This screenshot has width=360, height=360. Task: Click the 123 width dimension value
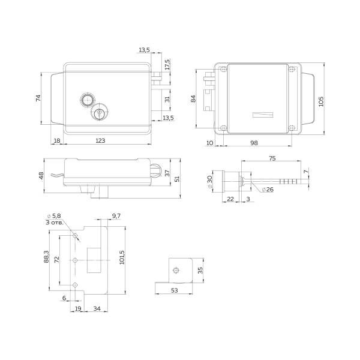100,140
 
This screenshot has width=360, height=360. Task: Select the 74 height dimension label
38,98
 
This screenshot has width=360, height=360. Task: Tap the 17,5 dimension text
167,65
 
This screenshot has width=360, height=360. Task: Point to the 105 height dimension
321,101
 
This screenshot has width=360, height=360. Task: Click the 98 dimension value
254,143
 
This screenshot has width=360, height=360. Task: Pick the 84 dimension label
193,99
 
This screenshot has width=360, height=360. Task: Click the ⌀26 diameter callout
268,190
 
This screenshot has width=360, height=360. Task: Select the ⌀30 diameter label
209,182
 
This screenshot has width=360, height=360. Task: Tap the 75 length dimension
272,158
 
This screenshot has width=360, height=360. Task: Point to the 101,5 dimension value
122,257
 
